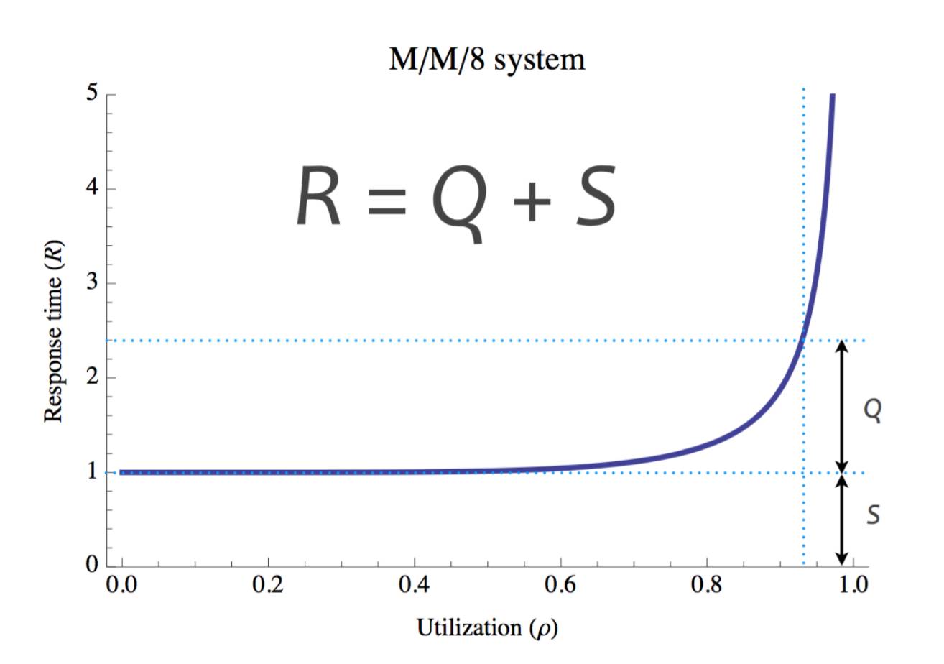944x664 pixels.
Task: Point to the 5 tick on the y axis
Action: (x=91, y=95)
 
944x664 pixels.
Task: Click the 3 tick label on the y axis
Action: (x=91, y=283)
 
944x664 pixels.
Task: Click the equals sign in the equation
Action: (x=385, y=201)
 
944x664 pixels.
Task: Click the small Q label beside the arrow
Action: (x=872, y=410)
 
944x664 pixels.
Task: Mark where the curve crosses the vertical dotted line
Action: (x=803, y=341)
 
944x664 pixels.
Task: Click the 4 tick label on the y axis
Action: (x=91, y=189)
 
